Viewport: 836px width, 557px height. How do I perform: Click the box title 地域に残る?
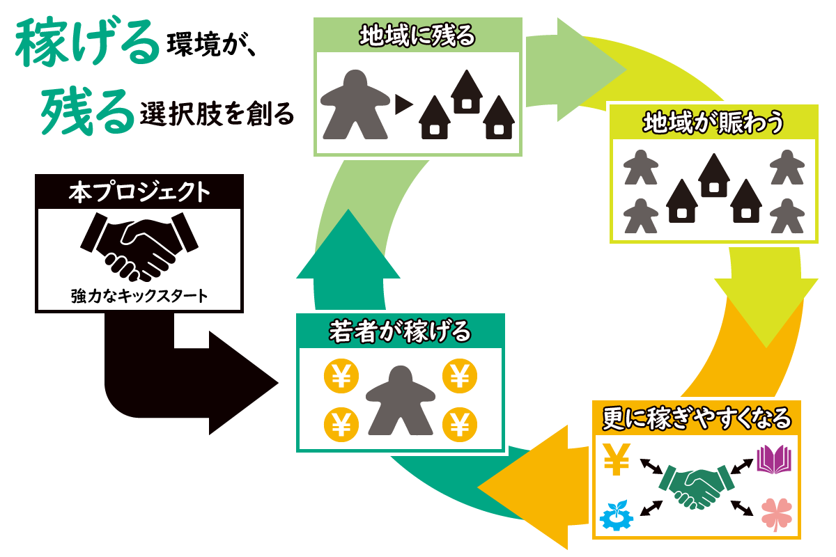point(417,36)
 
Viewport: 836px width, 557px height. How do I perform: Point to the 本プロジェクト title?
point(139,192)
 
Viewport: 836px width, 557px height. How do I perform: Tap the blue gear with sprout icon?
point(617,514)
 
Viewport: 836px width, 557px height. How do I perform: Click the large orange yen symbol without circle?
point(617,459)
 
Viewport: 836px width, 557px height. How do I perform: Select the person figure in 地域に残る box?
point(354,104)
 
